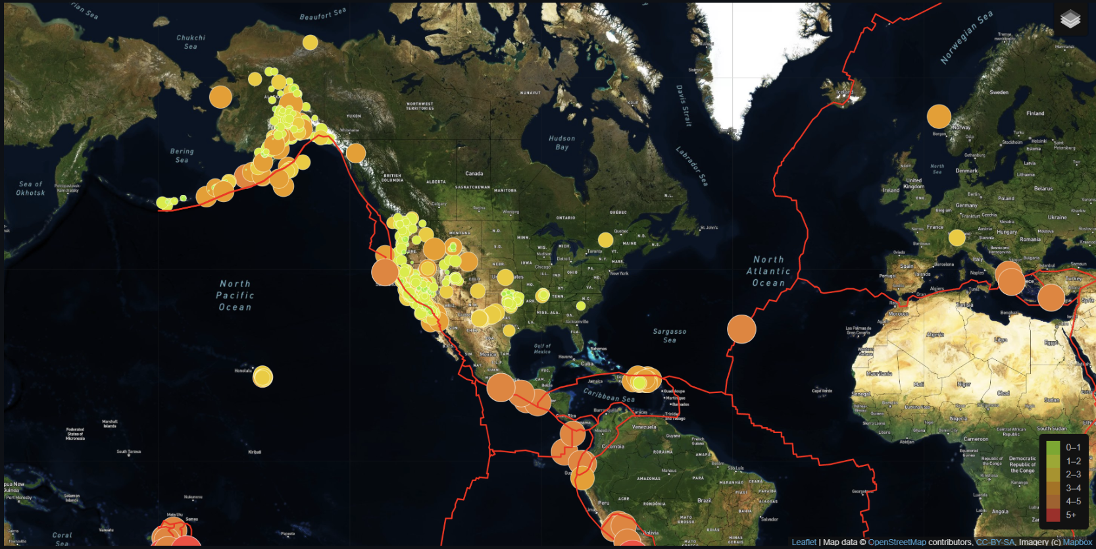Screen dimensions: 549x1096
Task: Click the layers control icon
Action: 1070,20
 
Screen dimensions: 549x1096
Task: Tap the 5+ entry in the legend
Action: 1071,515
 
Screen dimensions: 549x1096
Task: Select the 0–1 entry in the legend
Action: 1073,448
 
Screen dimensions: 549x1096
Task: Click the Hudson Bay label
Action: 562,143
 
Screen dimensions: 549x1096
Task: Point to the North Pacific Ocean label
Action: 235,295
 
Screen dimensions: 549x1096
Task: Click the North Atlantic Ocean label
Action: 768,271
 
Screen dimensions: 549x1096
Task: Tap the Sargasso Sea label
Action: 669,336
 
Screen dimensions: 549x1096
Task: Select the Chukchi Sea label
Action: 191,42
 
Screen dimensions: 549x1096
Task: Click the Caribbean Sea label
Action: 609,395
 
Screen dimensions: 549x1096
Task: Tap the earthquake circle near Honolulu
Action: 262,377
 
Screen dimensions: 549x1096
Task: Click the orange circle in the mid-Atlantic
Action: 741,329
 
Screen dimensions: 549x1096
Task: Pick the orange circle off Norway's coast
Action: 939,117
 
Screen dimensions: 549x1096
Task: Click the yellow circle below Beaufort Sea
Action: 310,42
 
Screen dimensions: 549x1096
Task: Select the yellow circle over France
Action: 957,238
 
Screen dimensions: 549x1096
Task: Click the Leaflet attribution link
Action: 803,542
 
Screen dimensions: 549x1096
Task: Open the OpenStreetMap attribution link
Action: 897,542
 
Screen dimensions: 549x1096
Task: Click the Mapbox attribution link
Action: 1077,542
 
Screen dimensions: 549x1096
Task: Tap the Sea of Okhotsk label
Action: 31,188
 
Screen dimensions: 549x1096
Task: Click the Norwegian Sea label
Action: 966,38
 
